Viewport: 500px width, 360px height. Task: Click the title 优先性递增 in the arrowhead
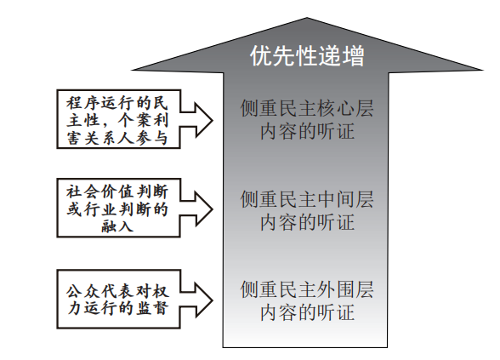pyautogui.click(x=307, y=56)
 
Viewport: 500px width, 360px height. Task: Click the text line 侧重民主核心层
pyautogui.click(x=307, y=109)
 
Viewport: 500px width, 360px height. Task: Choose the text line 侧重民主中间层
pyautogui.click(x=307, y=199)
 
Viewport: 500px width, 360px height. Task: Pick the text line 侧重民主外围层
pyautogui.click(x=307, y=289)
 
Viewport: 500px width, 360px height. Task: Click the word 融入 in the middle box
pyautogui.click(x=117, y=226)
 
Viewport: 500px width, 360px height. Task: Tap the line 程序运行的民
pyautogui.click(x=117, y=103)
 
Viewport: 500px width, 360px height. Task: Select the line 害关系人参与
pyautogui.click(x=117, y=138)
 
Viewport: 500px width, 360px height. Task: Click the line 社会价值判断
pyautogui.click(x=117, y=191)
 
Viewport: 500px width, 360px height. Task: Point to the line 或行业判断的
pyautogui.click(x=117, y=209)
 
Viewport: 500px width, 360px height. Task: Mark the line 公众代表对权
pyautogui.click(x=117, y=291)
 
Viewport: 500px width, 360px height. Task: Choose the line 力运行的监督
pyautogui.click(x=117, y=309)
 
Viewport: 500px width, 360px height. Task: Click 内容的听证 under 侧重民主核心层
pyautogui.click(x=307, y=131)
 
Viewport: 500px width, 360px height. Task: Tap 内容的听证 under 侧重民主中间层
pyautogui.click(x=307, y=222)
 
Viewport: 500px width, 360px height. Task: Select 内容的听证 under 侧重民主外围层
pyautogui.click(x=307, y=312)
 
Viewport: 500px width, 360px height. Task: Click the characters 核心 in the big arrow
pyautogui.click(x=335, y=109)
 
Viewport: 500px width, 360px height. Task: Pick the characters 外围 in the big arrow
pyautogui.click(x=335, y=289)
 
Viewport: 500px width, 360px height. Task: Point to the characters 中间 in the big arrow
pyautogui.click(x=335, y=199)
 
